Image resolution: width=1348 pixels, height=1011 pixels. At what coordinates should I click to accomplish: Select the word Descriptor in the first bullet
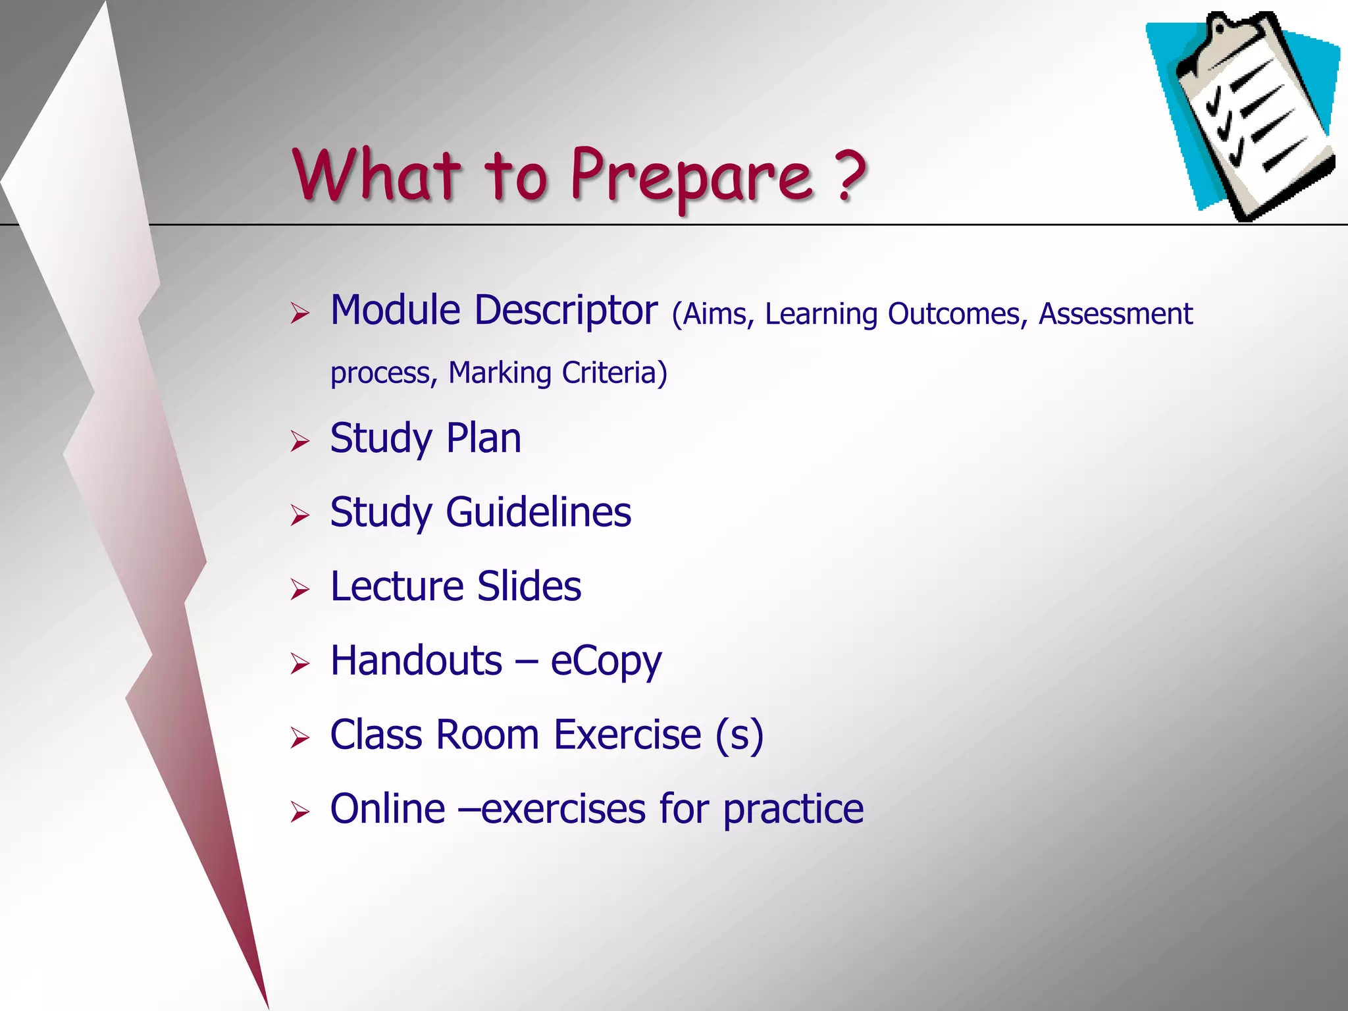click(565, 311)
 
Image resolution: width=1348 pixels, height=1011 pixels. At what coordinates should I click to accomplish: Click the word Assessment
click(1115, 314)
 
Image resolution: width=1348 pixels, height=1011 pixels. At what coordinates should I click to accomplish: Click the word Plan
click(483, 438)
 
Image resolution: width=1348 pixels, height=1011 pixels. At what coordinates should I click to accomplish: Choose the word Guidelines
click(538, 513)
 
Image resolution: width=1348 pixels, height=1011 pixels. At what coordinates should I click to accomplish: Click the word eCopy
click(606, 661)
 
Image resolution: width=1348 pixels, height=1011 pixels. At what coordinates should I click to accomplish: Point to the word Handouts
click(416, 661)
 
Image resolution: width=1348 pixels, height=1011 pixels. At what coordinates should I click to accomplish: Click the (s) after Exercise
click(739, 735)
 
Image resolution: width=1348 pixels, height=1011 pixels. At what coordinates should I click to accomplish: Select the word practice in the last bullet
click(792, 810)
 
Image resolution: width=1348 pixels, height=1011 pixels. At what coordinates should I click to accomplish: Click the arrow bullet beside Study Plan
click(299, 441)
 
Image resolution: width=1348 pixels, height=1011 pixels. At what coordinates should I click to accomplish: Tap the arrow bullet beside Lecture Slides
click(299, 589)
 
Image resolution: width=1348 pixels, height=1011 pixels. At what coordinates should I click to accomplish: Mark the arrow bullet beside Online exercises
click(299, 812)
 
